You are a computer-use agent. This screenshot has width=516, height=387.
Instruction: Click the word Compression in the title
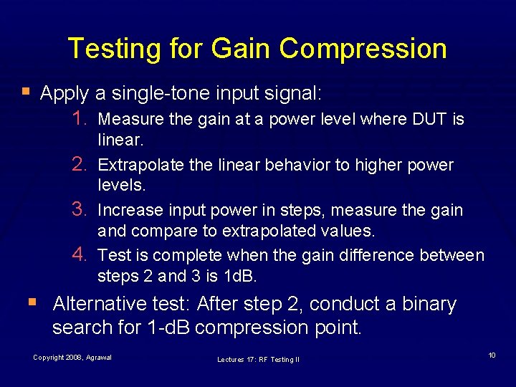tap(363, 49)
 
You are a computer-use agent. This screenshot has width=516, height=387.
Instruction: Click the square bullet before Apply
tap(27, 92)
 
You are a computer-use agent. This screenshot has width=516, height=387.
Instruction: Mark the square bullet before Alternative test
tap(39, 302)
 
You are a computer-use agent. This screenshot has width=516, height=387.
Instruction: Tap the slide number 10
tap(492, 355)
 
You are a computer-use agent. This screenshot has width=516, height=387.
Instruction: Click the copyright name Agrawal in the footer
tap(98, 357)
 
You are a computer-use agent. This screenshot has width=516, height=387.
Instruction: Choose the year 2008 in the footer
tap(74, 357)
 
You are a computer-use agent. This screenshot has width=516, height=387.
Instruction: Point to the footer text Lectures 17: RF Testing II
tap(258, 359)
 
